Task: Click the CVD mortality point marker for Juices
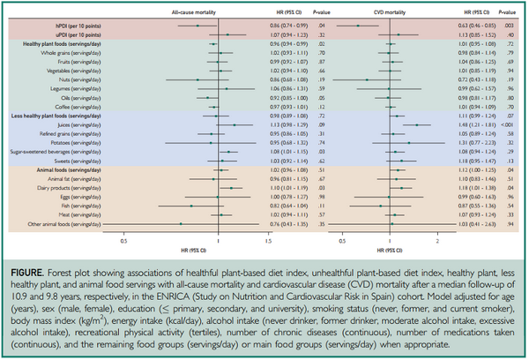point(415,125)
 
